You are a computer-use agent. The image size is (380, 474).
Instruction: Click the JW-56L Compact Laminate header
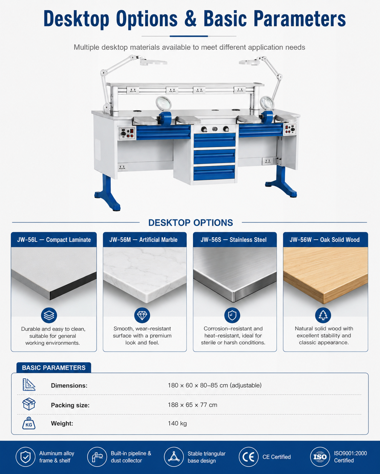coord(54,240)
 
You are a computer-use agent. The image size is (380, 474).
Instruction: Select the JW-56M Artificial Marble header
coord(145,240)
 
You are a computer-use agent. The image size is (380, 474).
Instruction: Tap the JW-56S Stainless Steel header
coord(235,240)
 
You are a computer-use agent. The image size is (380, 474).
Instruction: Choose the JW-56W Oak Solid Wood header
coord(325,240)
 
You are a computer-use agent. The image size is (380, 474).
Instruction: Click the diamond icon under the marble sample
coord(142,315)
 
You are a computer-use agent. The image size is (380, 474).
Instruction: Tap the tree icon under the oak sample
coord(323,315)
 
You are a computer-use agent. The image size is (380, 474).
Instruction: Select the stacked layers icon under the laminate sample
coord(49,315)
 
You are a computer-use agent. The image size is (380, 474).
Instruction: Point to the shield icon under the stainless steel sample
coord(232,315)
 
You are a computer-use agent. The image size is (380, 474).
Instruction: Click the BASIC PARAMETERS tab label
coord(54,368)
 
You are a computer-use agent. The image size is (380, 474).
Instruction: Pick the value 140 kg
coord(177,423)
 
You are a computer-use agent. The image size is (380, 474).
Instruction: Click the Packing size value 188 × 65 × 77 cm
coord(192,405)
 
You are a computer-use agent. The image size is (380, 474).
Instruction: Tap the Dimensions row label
coord(69,385)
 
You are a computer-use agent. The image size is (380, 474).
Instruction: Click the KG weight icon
coord(29,423)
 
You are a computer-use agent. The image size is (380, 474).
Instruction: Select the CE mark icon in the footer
coord(249,457)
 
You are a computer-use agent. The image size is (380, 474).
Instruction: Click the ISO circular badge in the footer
coord(320,457)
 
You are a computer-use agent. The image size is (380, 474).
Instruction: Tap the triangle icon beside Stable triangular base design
coord(174,457)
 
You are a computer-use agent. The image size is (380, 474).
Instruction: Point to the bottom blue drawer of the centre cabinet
coord(214,173)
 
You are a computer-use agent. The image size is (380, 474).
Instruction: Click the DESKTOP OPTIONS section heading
coord(191,223)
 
